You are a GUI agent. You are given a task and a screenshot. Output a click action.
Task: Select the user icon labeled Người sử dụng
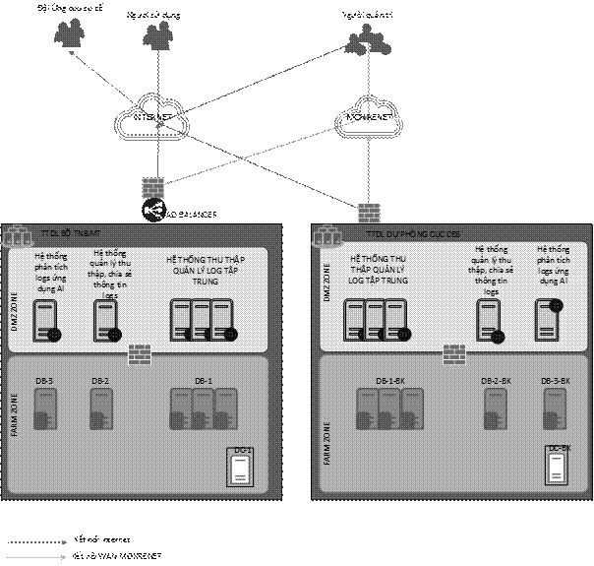click(x=154, y=37)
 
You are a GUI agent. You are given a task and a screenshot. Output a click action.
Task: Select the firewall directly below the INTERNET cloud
click(x=153, y=185)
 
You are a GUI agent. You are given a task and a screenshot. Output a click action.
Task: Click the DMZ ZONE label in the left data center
click(x=15, y=303)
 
